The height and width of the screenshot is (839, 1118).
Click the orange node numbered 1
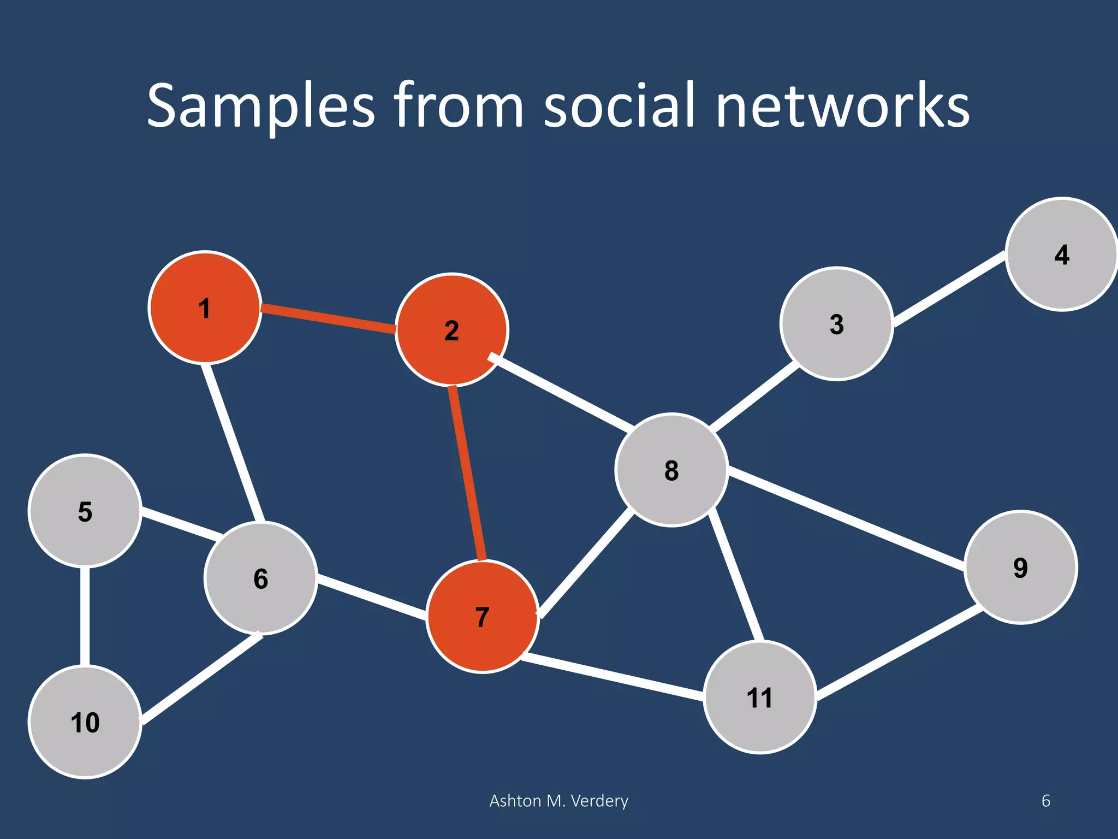tap(205, 308)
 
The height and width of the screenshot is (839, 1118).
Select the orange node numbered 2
tap(452, 330)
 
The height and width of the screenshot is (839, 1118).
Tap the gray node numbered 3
tap(836, 324)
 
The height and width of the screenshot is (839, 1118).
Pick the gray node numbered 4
tap(1061, 255)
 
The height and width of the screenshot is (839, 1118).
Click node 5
tap(85, 511)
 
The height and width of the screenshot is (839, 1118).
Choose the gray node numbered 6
tap(261, 578)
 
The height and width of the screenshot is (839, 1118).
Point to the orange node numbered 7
tap(483, 617)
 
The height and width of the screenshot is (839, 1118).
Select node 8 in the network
tap(671, 470)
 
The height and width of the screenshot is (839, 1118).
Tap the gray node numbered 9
tap(1020, 567)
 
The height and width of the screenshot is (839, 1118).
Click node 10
tap(85, 722)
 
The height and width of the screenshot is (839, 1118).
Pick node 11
tap(760, 698)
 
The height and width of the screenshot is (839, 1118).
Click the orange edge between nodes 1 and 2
tap(328, 319)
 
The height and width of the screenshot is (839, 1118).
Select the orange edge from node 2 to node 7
tap(467, 473)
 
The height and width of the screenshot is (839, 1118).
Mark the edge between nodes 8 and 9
tap(846, 518)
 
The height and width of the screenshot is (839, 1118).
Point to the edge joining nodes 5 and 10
tap(85, 616)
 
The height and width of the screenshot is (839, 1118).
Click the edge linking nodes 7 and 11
tap(611, 676)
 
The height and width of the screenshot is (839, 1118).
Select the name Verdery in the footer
tap(599, 801)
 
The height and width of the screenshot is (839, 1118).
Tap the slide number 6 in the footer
tap(1046, 801)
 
